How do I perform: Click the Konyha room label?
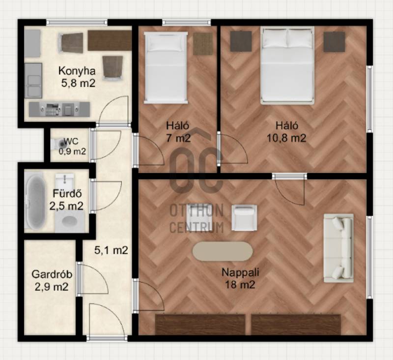[77, 71]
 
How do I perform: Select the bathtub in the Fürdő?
[35, 202]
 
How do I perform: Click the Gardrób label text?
[52, 274]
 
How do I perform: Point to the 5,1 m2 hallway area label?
[111, 250]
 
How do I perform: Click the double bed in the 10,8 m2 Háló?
[287, 65]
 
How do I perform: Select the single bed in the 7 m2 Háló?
[166, 67]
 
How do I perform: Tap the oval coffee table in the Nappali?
[223, 251]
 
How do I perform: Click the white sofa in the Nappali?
[338, 248]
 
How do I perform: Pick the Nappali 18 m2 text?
[240, 278]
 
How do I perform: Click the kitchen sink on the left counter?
[33, 86]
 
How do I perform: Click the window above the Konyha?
[77, 22]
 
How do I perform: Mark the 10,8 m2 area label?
[286, 138]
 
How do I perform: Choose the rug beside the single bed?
[203, 44]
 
